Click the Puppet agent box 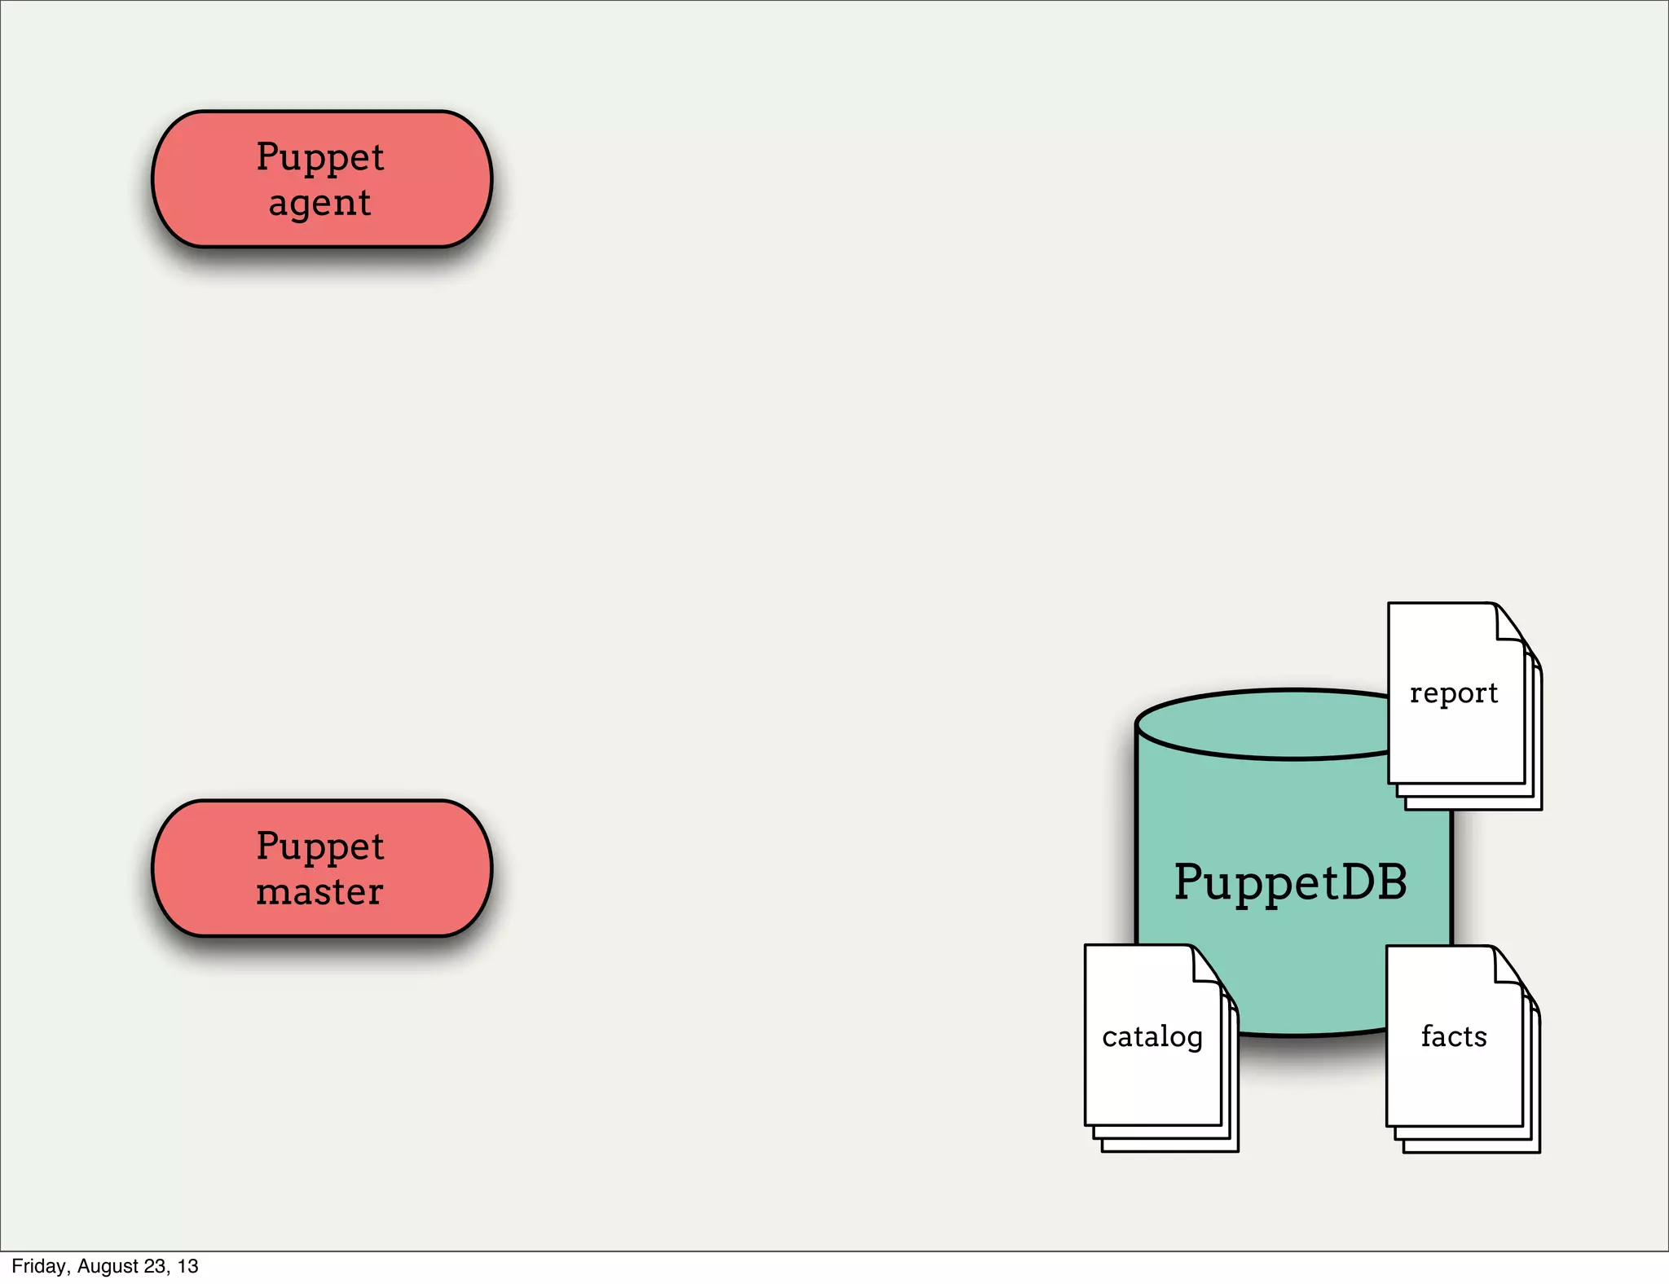click(322, 178)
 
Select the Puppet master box click(322, 868)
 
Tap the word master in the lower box click(319, 891)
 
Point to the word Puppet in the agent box click(319, 157)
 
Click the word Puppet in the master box click(319, 846)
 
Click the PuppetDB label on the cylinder click(1290, 882)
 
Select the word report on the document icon click(1454, 693)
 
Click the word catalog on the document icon click(1152, 1037)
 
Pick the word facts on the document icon click(1454, 1036)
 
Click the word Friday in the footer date click(38, 1266)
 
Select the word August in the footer click(108, 1266)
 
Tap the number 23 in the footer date click(155, 1266)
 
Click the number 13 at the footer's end click(188, 1266)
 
